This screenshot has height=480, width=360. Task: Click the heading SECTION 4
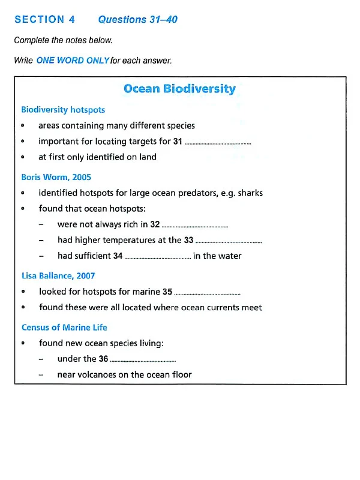45,19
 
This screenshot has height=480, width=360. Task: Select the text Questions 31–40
137,19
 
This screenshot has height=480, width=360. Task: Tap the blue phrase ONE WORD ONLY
73,61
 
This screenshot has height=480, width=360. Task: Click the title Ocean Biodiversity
179,89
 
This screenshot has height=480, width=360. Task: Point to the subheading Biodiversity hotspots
63,110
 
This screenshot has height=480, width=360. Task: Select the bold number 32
155,224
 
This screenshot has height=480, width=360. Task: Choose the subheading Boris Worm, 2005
56,177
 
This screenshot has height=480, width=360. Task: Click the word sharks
250,193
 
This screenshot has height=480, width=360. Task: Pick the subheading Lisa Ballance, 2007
58,275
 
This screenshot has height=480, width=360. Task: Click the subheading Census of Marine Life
64,327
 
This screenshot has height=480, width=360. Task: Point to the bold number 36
103,359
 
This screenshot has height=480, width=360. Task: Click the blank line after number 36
143,361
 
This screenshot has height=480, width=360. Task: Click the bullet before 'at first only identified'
22,157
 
